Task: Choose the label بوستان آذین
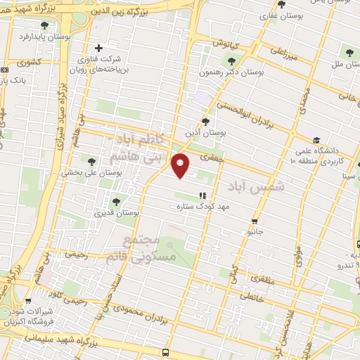coord(204,131)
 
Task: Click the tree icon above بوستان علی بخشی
coord(91,162)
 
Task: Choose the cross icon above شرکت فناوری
coord(98,49)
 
